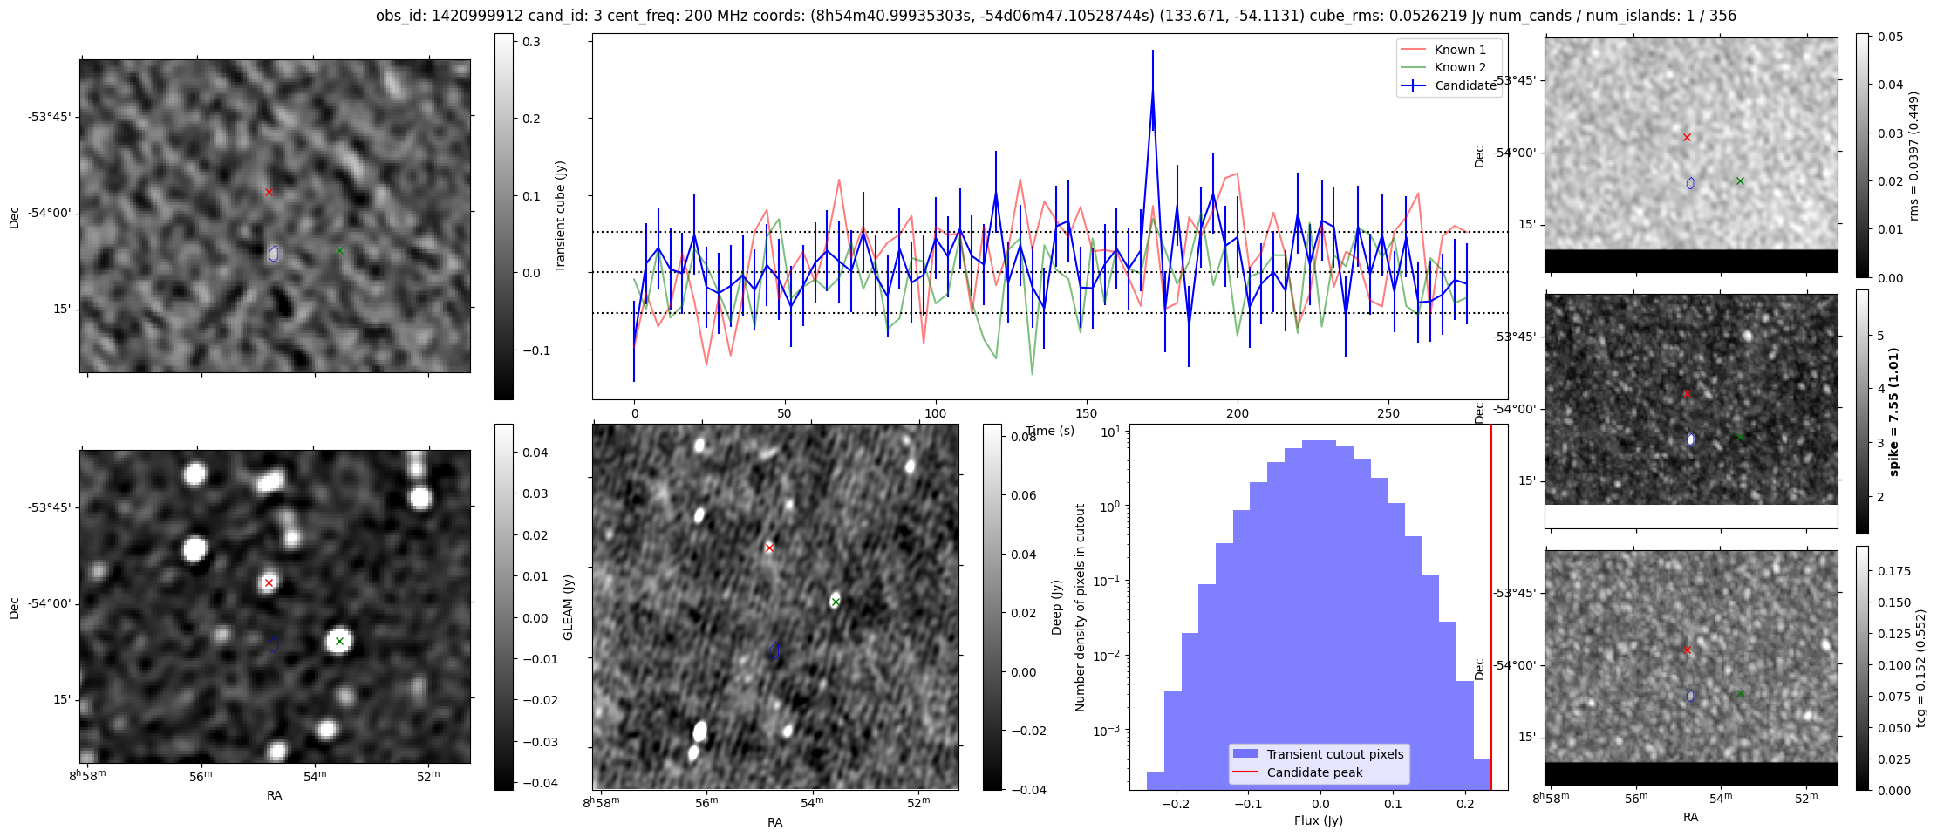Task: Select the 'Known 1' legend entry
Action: [x=1460, y=50]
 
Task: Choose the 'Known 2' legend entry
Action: [x=1460, y=67]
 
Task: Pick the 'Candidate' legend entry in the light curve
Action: [x=1465, y=85]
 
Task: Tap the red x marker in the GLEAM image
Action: [x=269, y=582]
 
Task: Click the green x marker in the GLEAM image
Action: [x=339, y=641]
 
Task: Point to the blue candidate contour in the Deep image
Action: [x=774, y=650]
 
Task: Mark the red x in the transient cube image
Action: [x=269, y=192]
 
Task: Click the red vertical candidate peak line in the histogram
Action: [x=1491, y=610]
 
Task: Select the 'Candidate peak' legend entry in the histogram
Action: [x=1314, y=772]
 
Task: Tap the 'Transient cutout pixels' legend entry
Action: [x=1334, y=754]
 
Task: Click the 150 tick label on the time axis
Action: [x=1086, y=414]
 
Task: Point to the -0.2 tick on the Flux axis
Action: [x=1176, y=804]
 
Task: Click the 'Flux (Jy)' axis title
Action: [x=1319, y=820]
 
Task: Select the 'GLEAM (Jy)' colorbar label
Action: [x=568, y=607]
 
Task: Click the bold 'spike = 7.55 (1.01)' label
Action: [x=1893, y=412]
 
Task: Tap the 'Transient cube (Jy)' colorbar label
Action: [x=560, y=216]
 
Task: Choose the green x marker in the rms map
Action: [x=1740, y=181]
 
